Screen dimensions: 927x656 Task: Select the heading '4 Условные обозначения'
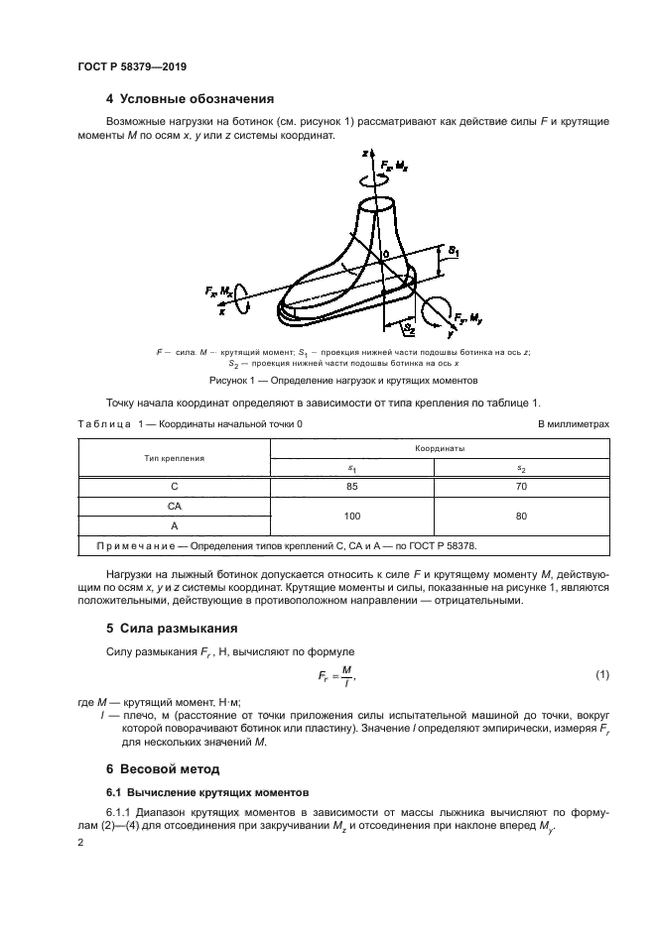pyautogui.click(x=189, y=98)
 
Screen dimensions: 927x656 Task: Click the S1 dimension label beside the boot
pyautogui.click(x=454, y=254)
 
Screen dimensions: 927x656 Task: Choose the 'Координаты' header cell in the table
pyautogui.click(x=440, y=447)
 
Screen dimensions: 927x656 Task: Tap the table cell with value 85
pyautogui.click(x=352, y=487)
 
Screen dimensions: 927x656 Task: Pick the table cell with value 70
pyautogui.click(x=522, y=487)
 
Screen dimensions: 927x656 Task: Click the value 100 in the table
pyautogui.click(x=352, y=516)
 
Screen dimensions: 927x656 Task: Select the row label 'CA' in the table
pyautogui.click(x=174, y=506)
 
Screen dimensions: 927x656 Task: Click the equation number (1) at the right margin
pyautogui.click(x=601, y=674)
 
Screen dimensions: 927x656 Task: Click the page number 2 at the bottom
pyautogui.click(x=80, y=842)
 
